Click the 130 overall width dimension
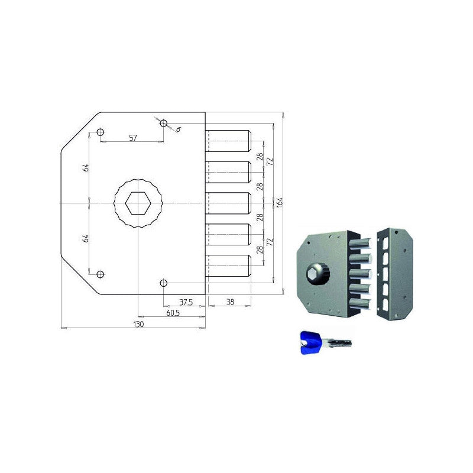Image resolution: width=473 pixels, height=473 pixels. (x=138, y=324)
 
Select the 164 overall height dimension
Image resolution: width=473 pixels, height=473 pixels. (x=280, y=202)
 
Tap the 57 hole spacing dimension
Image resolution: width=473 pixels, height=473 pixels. (x=133, y=138)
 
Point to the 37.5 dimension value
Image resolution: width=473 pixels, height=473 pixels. (x=186, y=302)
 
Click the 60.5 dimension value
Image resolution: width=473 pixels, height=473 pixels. (x=173, y=313)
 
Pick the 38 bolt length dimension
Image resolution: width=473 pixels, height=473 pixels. (x=230, y=302)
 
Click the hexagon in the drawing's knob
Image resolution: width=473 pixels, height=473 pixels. (x=138, y=203)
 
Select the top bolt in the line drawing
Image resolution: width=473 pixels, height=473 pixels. (x=228, y=141)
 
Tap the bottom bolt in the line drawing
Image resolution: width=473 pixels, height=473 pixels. (x=228, y=265)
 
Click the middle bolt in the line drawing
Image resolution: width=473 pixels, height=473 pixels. (x=228, y=203)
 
